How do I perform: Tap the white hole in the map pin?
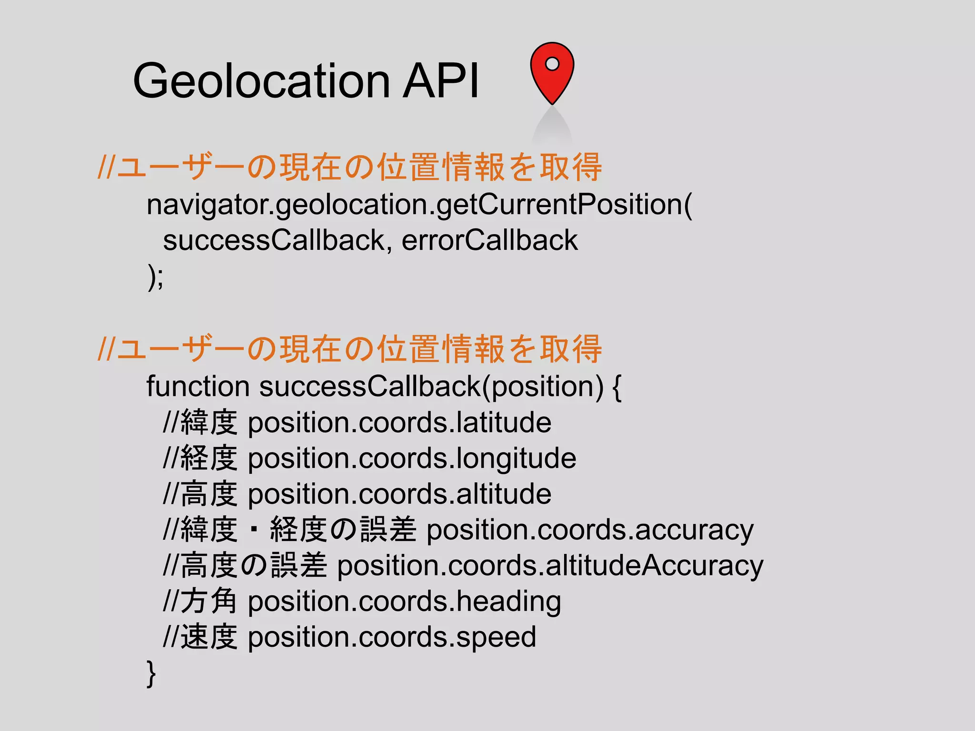point(552,63)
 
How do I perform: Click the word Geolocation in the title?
point(261,80)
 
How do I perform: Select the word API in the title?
point(441,80)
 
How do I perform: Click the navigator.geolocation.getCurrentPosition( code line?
point(419,205)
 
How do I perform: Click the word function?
point(198,386)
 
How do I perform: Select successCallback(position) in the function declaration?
point(431,387)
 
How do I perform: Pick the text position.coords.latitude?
point(399,423)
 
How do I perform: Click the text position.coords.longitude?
point(412,459)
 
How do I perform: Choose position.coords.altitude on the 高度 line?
point(399,494)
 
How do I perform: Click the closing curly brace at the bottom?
point(151,673)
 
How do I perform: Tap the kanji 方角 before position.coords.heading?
point(209,601)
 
